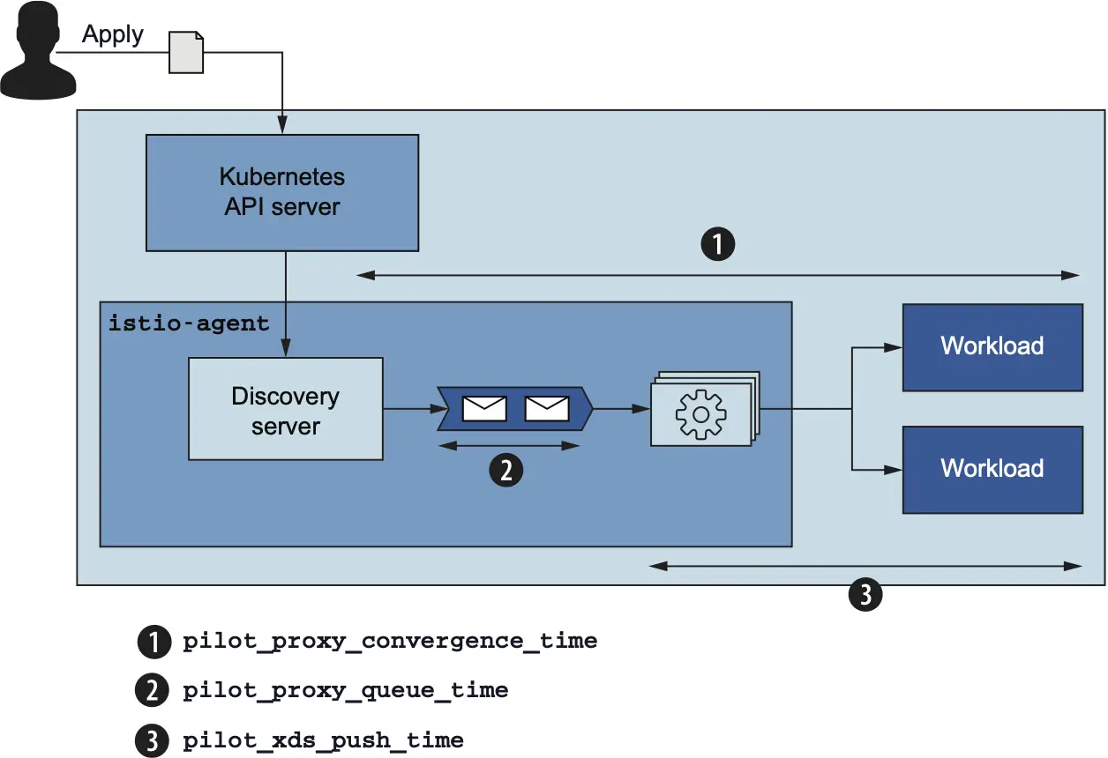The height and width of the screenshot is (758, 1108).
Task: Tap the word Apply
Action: (x=113, y=34)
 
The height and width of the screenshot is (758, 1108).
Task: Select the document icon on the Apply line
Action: (x=187, y=52)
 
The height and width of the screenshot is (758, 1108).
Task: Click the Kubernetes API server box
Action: (x=282, y=192)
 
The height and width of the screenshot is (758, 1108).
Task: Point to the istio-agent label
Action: (x=189, y=323)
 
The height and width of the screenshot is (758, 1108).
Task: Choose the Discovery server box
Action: (x=286, y=409)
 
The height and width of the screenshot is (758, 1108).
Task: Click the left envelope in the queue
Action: (x=485, y=409)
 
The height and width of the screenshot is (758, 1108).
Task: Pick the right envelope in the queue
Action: (x=547, y=409)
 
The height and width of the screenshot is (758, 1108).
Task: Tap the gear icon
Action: (x=700, y=411)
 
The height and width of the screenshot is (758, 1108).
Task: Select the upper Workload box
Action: (x=992, y=346)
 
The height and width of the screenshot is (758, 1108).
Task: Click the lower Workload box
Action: (x=992, y=468)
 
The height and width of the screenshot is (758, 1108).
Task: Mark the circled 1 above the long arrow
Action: (x=717, y=244)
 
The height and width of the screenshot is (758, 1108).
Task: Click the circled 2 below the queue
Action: (x=505, y=472)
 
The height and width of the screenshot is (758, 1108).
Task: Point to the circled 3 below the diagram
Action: (x=865, y=595)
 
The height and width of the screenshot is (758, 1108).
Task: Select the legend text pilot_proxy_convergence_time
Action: (x=390, y=642)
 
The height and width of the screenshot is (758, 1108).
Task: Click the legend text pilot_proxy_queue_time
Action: (x=345, y=690)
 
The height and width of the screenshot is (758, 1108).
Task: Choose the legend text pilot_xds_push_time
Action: (x=323, y=739)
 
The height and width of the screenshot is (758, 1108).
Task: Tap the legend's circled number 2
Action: (x=153, y=691)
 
